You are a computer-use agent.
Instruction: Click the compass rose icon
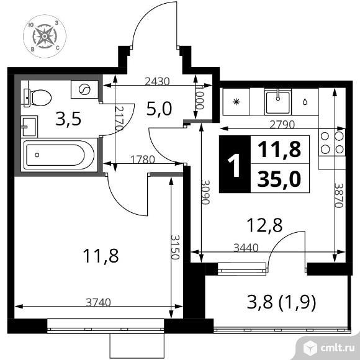[45, 36]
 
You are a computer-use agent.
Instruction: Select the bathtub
[59, 155]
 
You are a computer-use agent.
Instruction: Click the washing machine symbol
[84, 89]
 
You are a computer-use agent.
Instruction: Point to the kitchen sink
[278, 102]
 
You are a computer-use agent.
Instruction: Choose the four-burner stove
[332, 143]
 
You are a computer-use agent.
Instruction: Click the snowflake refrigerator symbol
[236, 102]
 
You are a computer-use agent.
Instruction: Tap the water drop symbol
[305, 102]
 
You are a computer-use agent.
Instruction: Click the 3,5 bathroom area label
[68, 119]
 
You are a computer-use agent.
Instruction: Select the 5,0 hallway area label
[159, 109]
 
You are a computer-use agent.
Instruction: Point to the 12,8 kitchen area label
[264, 225]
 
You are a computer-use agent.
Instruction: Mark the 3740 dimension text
[98, 302]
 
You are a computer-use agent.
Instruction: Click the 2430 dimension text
[158, 81]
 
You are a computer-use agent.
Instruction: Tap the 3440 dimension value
[246, 248]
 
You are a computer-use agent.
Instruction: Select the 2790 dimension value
[282, 125]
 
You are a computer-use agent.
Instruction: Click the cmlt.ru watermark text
[337, 348]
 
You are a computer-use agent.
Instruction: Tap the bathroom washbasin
[29, 127]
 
